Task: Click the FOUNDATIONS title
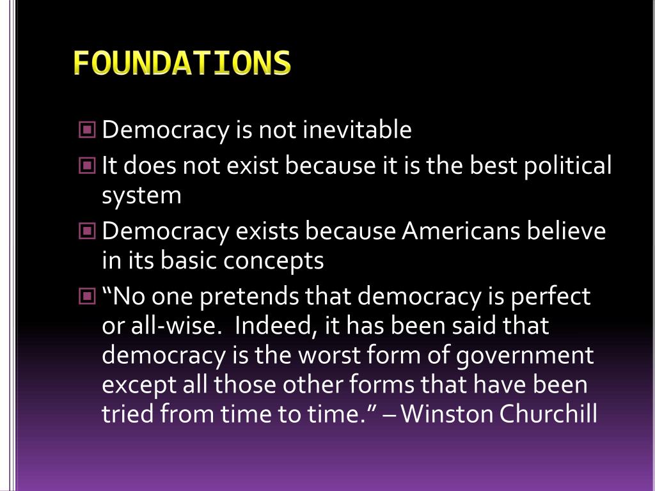point(182,63)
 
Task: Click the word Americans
point(461,231)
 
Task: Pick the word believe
point(566,231)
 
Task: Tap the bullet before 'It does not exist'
point(88,166)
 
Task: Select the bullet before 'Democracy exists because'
point(88,231)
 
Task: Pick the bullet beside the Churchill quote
point(88,297)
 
